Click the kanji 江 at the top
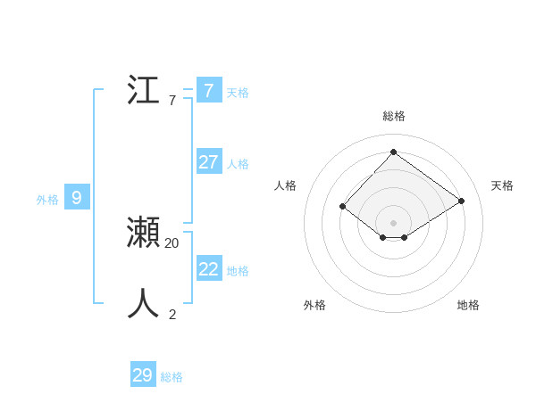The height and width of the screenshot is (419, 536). (x=143, y=91)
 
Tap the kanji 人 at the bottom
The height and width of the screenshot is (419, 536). (x=143, y=304)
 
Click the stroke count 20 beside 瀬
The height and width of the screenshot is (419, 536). (x=172, y=242)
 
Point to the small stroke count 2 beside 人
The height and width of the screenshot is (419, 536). (x=172, y=314)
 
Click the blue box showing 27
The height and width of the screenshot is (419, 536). (x=209, y=161)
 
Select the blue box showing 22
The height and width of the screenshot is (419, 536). (x=209, y=268)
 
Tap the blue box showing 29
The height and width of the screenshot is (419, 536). (x=143, y=375)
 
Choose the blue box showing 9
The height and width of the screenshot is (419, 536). (x=77, y=198)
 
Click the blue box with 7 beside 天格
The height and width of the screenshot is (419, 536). (x=209, y=90)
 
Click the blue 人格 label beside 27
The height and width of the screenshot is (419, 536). (x=238, y=164)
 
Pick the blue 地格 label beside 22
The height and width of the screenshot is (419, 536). (x=238, y=271)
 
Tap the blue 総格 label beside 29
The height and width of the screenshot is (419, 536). (x=172, y=378)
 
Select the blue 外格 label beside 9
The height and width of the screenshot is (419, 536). (x=47, y=201)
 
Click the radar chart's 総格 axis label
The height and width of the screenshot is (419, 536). (x=393, y=116)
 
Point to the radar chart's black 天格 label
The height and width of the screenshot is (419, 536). (x=502, y=185)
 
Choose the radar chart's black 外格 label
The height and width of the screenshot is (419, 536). (x=314, y=305)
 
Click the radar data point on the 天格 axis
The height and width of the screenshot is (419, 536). (x=461, y=201)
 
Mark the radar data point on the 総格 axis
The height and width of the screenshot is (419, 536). (x=393, y=152)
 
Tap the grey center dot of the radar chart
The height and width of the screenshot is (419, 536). (x=393, y=222)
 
